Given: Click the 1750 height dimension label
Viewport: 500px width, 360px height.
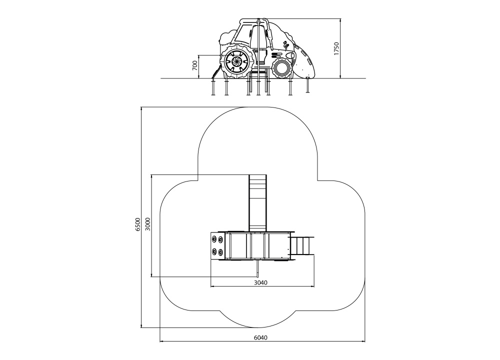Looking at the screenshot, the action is pos(336,48).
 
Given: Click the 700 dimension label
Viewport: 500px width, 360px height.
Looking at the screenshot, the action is pos(195,65).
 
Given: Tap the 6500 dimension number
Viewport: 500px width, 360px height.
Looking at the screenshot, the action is pos(137,224).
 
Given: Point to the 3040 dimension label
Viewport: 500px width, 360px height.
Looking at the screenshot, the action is pos(261,282).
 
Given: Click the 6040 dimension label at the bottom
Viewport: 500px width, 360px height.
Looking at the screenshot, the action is pos(261,337).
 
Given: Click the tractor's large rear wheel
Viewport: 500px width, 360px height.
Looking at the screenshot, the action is pos(236,62).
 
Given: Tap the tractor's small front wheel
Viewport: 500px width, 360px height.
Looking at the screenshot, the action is pos(282,67).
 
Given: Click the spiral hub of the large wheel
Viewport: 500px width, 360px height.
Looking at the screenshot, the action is pos(236,62).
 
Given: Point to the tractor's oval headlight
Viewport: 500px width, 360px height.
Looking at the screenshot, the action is pos(290,56).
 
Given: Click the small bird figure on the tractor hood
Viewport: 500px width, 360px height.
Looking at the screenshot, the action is pos(286,45).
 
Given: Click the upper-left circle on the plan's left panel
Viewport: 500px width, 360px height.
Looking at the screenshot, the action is pos(214,239).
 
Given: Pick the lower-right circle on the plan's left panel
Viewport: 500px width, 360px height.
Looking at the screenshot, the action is pos(220,252).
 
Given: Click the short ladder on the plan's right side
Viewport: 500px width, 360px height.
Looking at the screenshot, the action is pos(303,245).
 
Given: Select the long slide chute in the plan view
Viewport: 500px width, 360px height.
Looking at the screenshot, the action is pos(257,202).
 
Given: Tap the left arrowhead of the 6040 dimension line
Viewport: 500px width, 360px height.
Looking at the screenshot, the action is pos(161,342).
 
